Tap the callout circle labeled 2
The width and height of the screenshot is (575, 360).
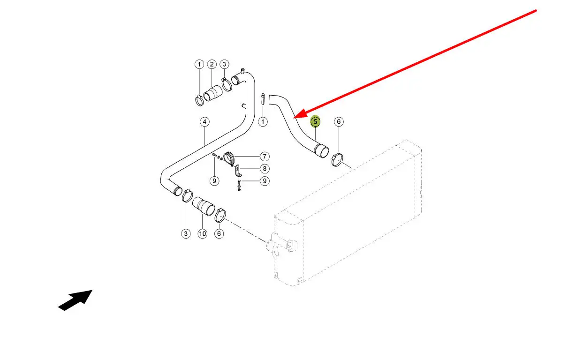pyautogui.click(x=212, y=64)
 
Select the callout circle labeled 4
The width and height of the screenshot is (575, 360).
pyautogui.click(x=204, y=122)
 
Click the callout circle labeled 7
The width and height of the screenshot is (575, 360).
pyautogui.click(x=265, y=156)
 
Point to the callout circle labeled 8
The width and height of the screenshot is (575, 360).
pyautogui.click(x=265, y=168)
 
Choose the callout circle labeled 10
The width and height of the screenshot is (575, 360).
pyautogui.click(x=202, y=233)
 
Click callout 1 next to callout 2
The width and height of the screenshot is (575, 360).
pyautogui.click(x=199, y=64)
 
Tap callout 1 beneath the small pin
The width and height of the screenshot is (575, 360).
pyautogui.click(x=263, y=122)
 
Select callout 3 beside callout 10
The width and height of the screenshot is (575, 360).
pyautogui.click(x=186, y=233)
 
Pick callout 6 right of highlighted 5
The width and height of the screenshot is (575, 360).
pyautogui.click(x=339, y=122)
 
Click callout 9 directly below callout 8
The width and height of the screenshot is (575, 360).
pyautogui.click(x=265, y=180)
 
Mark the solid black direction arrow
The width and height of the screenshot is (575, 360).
pyautogui.click(x=75, y=300)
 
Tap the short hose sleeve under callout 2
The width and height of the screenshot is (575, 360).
pyautogui.click(x=214, y=93)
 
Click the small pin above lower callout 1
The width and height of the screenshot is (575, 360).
pyautogui.click(x=263, y=99)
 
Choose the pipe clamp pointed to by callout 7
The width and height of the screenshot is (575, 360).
pyautogui.click(x=229, y=159)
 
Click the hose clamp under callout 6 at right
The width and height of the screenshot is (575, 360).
pyautogui.click(x=339, y=160)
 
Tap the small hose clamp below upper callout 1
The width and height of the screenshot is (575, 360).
pyautogui.click(x=199, y=99)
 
